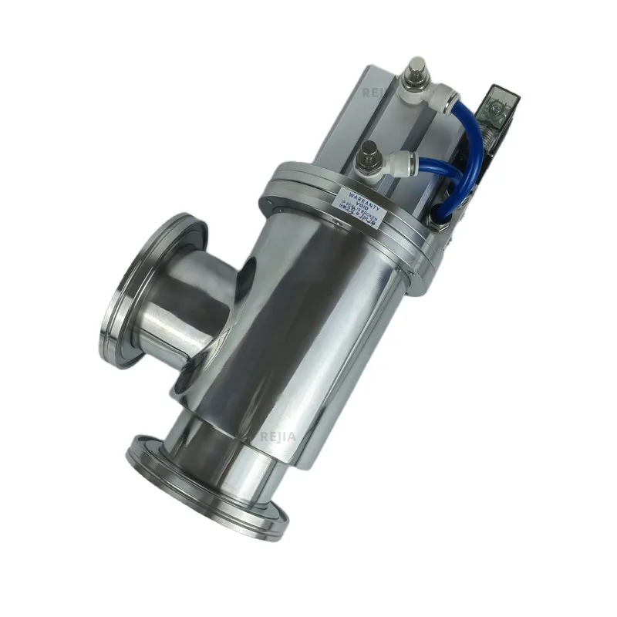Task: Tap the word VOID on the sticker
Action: point(359,197)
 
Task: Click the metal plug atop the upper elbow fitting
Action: point(417,69)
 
